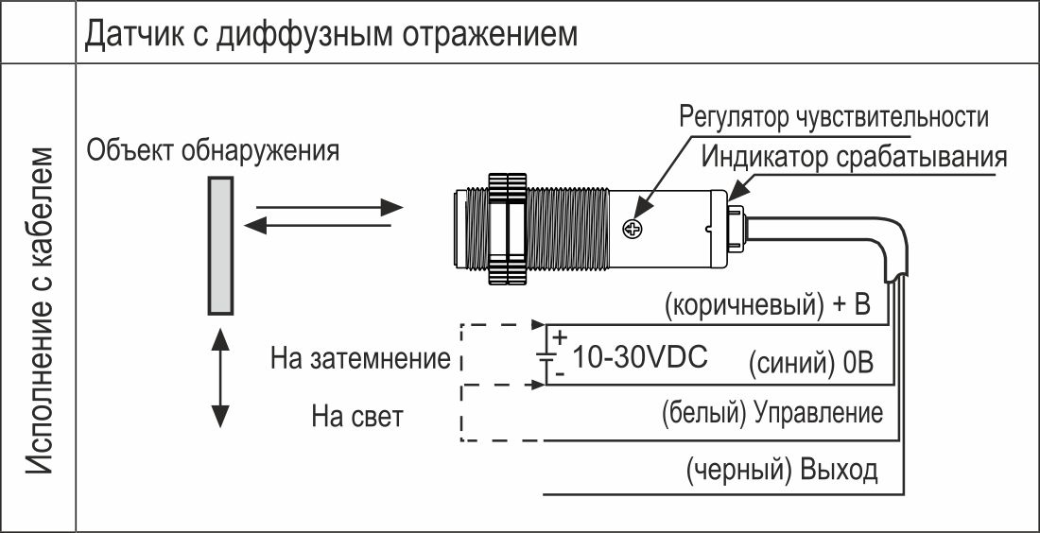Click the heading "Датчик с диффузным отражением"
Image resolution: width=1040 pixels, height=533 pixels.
[x=331, y=34]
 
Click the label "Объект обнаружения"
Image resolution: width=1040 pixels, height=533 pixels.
[x=213, y=150]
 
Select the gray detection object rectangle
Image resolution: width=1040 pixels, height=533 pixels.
[x=220, y=246]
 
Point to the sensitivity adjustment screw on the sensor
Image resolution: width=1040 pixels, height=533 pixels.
[x=633, y=230]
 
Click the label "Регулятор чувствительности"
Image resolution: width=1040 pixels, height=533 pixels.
[x=834, y=117]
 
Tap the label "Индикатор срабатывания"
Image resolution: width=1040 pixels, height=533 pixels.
[x=855, y=157]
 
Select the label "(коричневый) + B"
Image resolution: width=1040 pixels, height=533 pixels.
[x=767, y=305]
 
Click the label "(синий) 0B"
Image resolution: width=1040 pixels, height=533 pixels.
[x=811, y=363]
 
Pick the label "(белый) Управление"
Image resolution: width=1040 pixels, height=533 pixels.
[x=772, y=413]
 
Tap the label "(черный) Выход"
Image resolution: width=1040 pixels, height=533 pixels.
[x=783, y=470]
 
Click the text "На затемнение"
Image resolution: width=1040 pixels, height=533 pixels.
[x=360, y=359]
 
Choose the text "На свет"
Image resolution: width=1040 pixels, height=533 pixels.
[x=356, y=417]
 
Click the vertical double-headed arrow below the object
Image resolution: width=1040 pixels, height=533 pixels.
[x=220, y=378]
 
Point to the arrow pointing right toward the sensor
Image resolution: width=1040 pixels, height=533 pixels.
[x=330, y=208]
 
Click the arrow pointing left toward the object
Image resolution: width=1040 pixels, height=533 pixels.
[x=318, y=226]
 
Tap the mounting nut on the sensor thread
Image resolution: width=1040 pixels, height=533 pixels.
[x=507, y=230]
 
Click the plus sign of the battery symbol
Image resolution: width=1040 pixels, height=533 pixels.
[x=561, y=337]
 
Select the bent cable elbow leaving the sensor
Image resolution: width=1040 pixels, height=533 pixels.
[x=889, y=246]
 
